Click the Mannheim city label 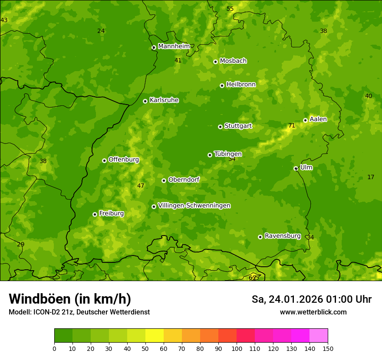point(174,46)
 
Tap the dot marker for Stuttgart point(220,127)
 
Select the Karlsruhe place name point(164,100)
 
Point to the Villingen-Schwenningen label point(194,206)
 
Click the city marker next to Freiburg point(95,214)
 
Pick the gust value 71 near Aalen point(292,126)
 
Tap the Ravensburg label point(283,236)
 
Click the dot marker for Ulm point(296,168)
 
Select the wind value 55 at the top point(230,9)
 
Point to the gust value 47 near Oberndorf point(141,186)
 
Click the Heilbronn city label point(241,85)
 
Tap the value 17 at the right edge point(371,177)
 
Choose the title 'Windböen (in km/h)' point(70,299)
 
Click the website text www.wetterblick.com point(313,312)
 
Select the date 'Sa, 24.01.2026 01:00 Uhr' point(311,299)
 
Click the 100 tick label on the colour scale point(237,348)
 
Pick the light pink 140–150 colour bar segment point(319,336)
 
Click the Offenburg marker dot point(104,160)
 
